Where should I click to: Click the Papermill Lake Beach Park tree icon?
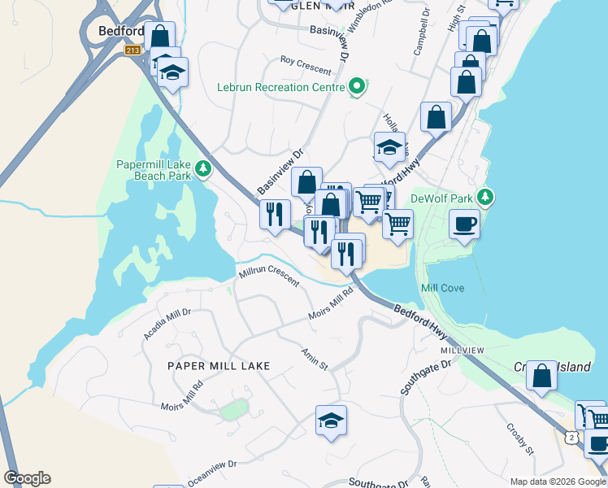202,168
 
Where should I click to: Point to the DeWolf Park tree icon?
485,197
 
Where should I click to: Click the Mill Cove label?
442,289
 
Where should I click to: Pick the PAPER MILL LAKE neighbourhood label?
218,366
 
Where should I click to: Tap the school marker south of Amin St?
331,420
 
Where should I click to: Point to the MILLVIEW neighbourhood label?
463,350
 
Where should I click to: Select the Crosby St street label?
519,439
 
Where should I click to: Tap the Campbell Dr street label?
421,33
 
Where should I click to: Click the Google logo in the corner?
27,478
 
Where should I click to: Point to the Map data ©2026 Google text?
558,481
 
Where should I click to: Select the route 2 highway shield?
572,438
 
